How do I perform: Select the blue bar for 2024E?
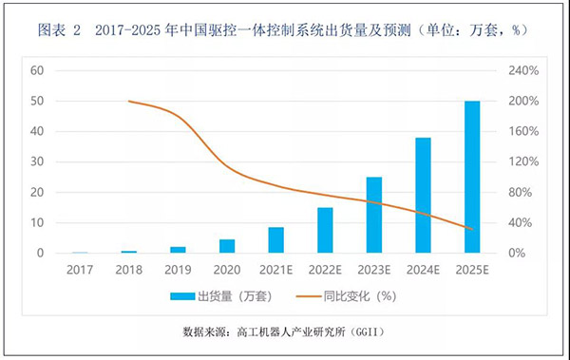point(423,196)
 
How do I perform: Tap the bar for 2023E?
point(374,216)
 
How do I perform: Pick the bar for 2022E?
point(325,231)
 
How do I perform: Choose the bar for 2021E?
point(275,240)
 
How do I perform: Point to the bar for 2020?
point(227,246)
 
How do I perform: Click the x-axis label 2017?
point(80,269)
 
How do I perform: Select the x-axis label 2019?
point(178,269)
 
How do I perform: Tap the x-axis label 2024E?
point(423,269)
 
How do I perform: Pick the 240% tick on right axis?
point(523,70)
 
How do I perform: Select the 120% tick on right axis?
point(523,161)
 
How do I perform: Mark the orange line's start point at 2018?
point(128,101)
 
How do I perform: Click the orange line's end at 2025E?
point(472,229)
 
